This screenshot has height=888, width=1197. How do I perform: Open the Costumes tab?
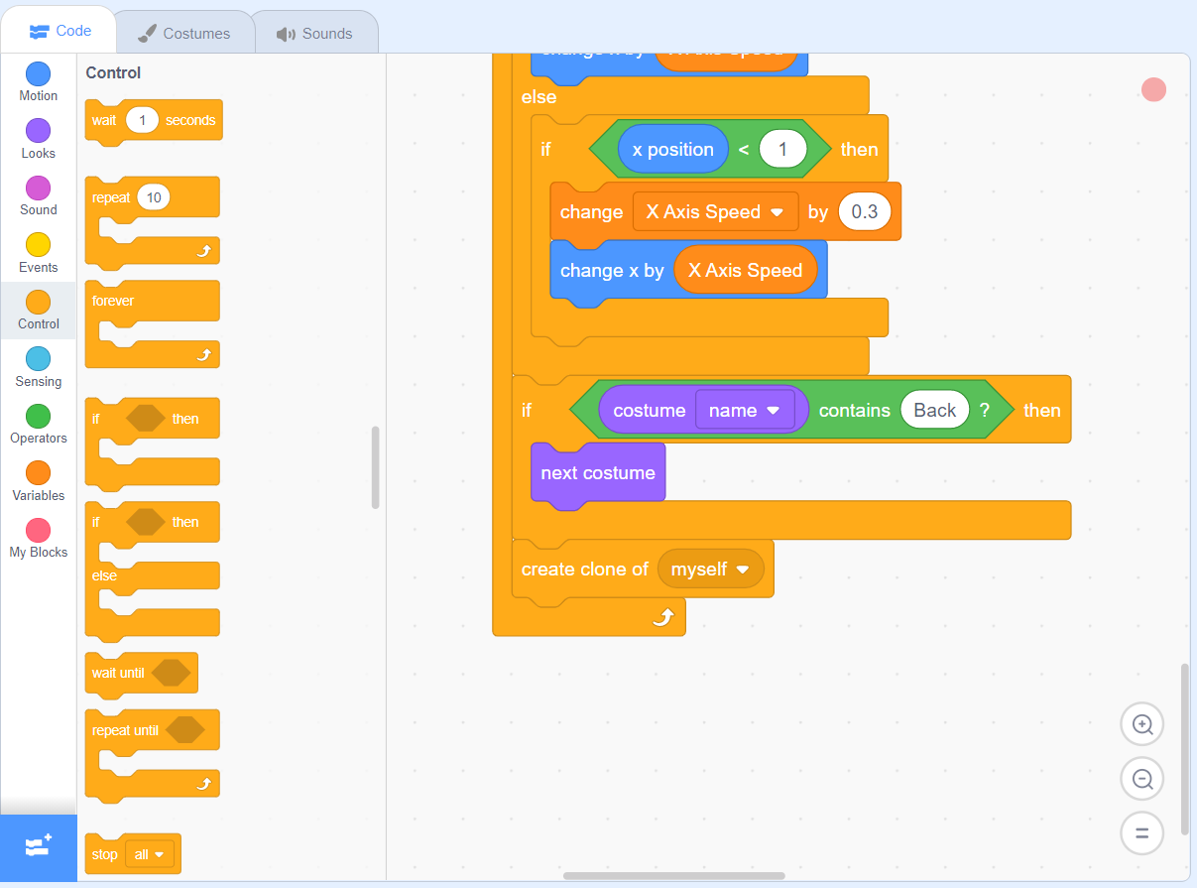[183, 33]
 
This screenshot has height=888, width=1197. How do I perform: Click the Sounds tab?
[315, 33]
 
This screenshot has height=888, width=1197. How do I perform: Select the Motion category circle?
[38, 74]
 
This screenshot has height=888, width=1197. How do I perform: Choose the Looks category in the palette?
[38, 131]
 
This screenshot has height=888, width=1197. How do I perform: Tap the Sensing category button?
[38, 359]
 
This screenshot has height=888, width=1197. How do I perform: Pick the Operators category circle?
[38, 417]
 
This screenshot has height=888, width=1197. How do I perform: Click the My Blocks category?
[38, 531]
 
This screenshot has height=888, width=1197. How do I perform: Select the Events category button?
[38, 245]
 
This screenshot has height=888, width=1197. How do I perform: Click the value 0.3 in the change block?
[865, 211]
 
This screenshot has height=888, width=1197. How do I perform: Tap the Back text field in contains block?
[934, 410]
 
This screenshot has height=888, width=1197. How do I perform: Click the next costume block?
[597, 473]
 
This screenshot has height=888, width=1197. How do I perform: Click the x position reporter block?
[672, 150]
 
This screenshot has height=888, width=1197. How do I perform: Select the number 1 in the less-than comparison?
[782, 150]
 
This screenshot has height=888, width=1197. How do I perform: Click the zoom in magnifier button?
[1141, 724]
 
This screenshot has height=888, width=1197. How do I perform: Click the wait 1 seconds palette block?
[104, 120]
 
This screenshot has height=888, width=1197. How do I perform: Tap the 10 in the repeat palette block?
[154, 197]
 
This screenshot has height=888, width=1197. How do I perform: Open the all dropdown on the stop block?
[150, 854]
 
